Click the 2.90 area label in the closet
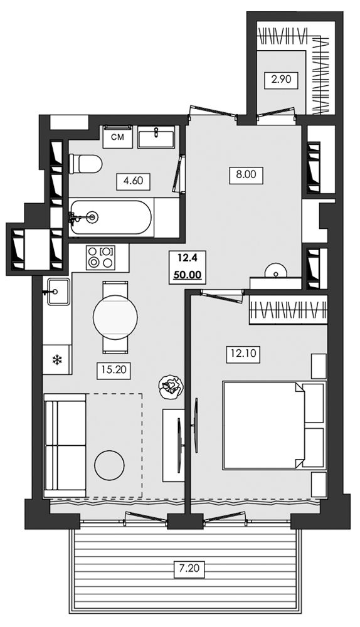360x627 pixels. pyautogui.click(x=281, y=79)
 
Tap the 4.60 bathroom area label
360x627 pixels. pyautogui.click(x=133, y=181)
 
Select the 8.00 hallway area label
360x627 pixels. pyautogui.click(x=246, y=175)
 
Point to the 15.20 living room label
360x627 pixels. pyautogui.click(x=114, y=371)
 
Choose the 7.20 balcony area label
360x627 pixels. pyautogui.click(x=189, y=568)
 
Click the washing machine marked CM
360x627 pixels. pyautogui.click(x=117, y=137)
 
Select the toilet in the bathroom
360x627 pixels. pyautogui.click(x=85, y=164)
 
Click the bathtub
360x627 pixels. pyautogui.click(x=110, y=218)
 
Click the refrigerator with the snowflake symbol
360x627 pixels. pyautogui.click(x=57, y=360)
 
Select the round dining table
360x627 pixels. pyautogui.click(x=115, y=317)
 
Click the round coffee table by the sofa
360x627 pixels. pyautogui.click(x=109, y=465)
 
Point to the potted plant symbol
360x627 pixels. pyautogui.click(x=171, y=387)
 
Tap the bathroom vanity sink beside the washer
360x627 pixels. pyautogui.click(x=156, y=137)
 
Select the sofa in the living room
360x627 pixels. pyautogui.click(x=65, y=445)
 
